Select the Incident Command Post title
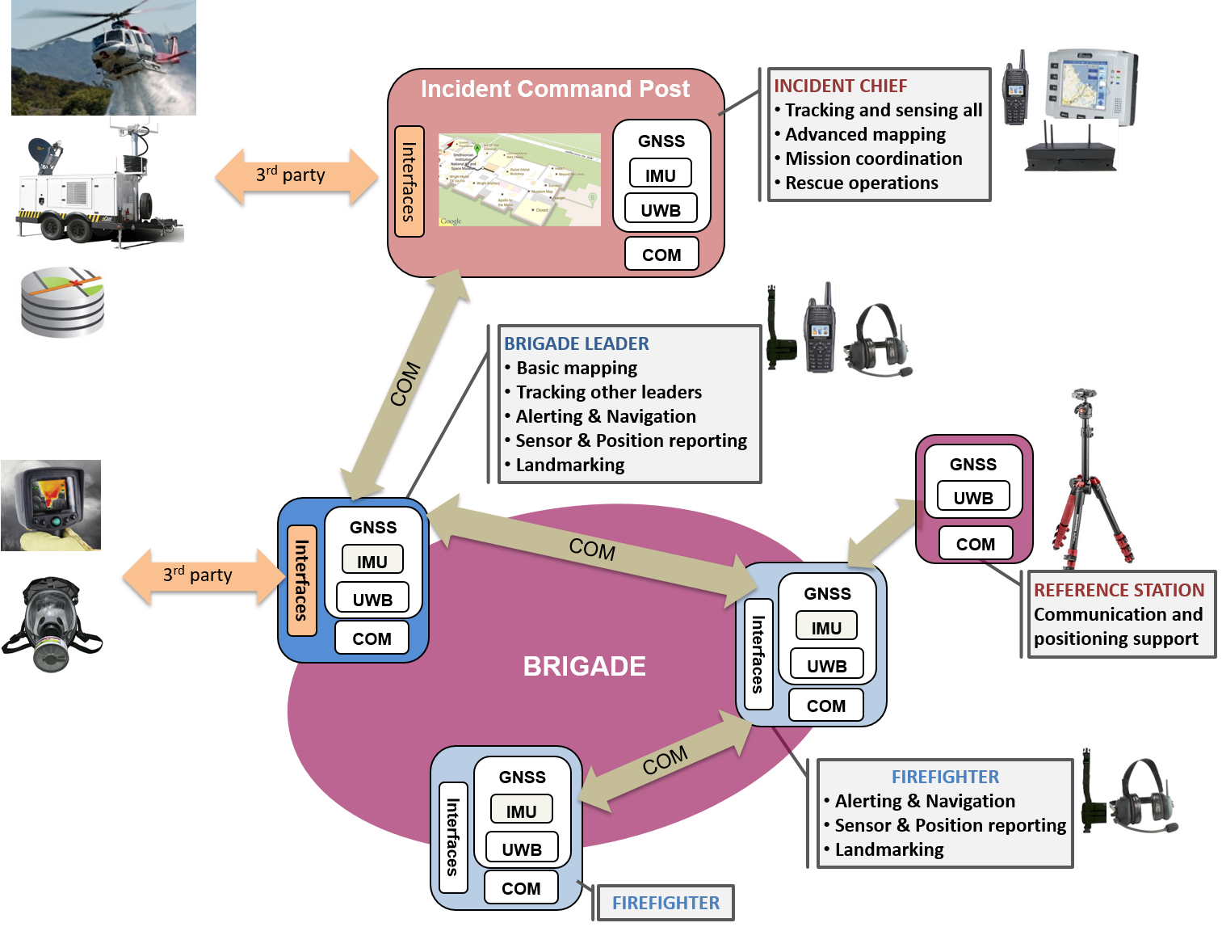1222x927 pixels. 555,89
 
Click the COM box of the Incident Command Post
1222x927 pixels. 661,255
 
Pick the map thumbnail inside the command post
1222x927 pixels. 519,179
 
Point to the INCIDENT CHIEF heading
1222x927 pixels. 840,86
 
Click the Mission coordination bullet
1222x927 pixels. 873,158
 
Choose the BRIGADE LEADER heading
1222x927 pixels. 576,343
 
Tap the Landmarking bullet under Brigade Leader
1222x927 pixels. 569,465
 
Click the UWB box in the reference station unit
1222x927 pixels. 973,498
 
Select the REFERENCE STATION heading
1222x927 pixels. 1119,590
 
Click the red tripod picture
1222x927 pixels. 1088,477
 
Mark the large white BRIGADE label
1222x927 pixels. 584,666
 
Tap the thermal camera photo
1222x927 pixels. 51,505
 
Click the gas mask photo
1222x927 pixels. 52,623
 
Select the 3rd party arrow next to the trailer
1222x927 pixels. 296,175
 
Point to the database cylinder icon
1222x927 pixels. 62,301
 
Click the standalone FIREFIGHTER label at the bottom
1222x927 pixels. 666,903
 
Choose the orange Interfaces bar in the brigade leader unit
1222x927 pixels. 301,579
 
